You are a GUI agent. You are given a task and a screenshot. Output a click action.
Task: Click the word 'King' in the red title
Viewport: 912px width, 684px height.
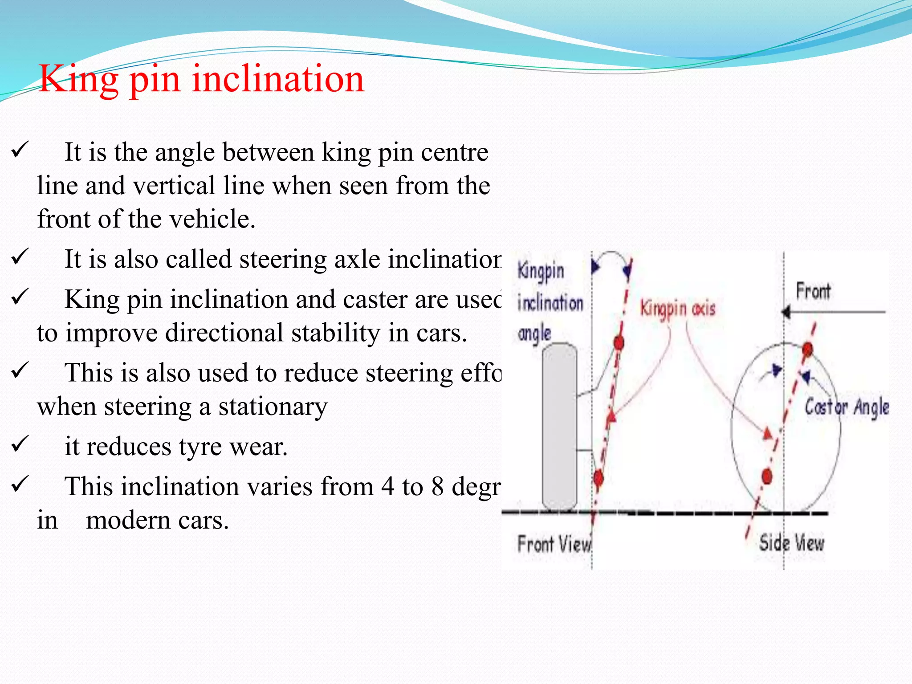(x=78, y=79)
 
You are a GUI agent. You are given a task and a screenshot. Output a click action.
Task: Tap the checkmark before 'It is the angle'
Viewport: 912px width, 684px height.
(x=20, y=150)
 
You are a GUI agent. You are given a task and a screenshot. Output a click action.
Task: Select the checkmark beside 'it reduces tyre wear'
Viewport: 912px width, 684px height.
(x=20, y=444)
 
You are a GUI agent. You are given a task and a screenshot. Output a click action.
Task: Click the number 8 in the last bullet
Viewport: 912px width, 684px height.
(x=437, y=486)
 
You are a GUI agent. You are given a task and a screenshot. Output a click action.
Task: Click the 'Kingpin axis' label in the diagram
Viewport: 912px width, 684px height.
(x=677, y=309)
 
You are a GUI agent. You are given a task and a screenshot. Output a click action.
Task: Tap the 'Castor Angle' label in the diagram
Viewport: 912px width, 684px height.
(x=847, y=407)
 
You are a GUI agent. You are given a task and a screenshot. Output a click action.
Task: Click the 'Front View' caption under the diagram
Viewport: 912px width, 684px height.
(x=554, y=544)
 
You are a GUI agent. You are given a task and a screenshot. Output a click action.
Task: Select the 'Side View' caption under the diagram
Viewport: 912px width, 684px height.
(x=791, y=543)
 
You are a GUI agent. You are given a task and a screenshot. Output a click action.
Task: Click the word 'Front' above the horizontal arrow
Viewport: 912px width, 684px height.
(x=813, y=291)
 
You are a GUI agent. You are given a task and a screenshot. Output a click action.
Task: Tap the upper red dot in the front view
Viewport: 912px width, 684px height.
(x=619, y=342)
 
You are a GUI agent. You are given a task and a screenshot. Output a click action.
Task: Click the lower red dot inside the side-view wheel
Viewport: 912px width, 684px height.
(x=767, y=476)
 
